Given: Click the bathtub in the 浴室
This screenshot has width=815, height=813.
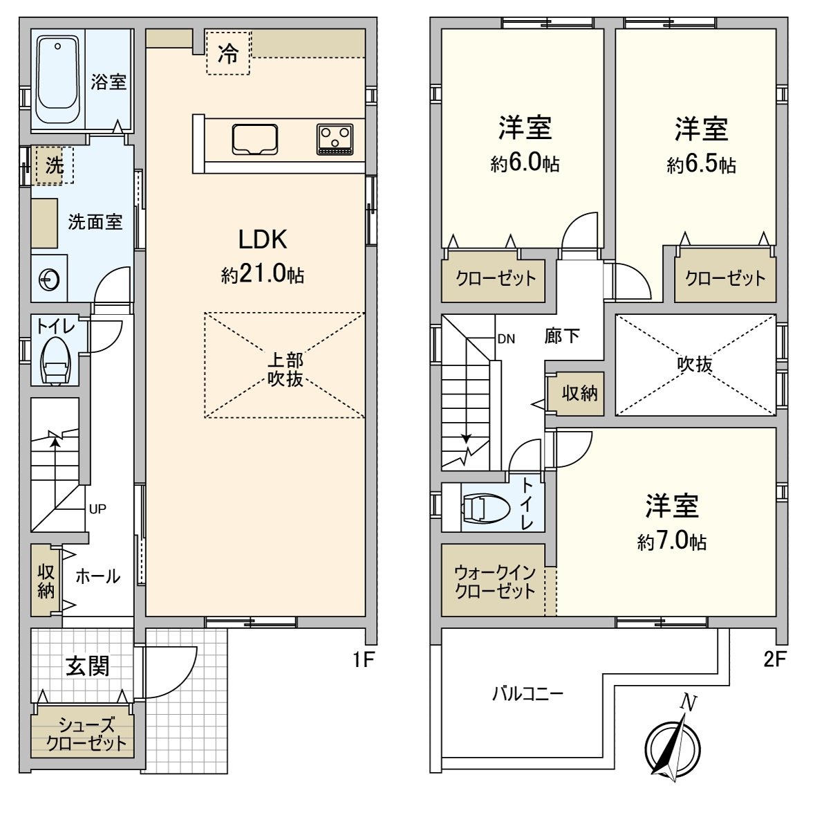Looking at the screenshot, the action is (x=57, y=79).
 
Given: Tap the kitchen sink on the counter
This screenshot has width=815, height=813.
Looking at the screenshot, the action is (x=254, y=139).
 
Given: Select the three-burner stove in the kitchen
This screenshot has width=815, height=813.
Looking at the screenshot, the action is (x=335, y=139).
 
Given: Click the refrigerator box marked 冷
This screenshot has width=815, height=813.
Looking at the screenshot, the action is (x=228, y=53).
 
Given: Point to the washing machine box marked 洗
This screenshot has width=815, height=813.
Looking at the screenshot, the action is (x=55, y=165).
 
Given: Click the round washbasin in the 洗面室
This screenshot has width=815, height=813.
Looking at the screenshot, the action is (x=49, y=280).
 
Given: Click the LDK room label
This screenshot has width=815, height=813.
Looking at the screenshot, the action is (x=263, y=240).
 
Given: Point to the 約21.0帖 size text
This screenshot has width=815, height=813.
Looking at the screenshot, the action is (x=263, y=274).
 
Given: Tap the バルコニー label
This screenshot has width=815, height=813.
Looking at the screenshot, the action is (x=527, y=694).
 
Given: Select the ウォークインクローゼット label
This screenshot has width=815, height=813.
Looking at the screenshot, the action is (x=495, y=582).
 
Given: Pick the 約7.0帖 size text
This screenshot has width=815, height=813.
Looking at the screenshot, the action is (x=671, y=542).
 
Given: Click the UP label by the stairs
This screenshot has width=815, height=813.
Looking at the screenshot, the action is (x=97, y=509).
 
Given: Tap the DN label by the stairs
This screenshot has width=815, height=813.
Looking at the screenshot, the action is (x=506, y=339).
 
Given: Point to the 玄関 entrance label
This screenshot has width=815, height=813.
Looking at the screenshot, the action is (x=87, y=666).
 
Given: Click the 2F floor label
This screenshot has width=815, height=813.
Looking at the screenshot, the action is (x=774, y=659).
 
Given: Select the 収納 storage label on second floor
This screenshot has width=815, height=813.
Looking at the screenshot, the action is (x=579, y=394).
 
